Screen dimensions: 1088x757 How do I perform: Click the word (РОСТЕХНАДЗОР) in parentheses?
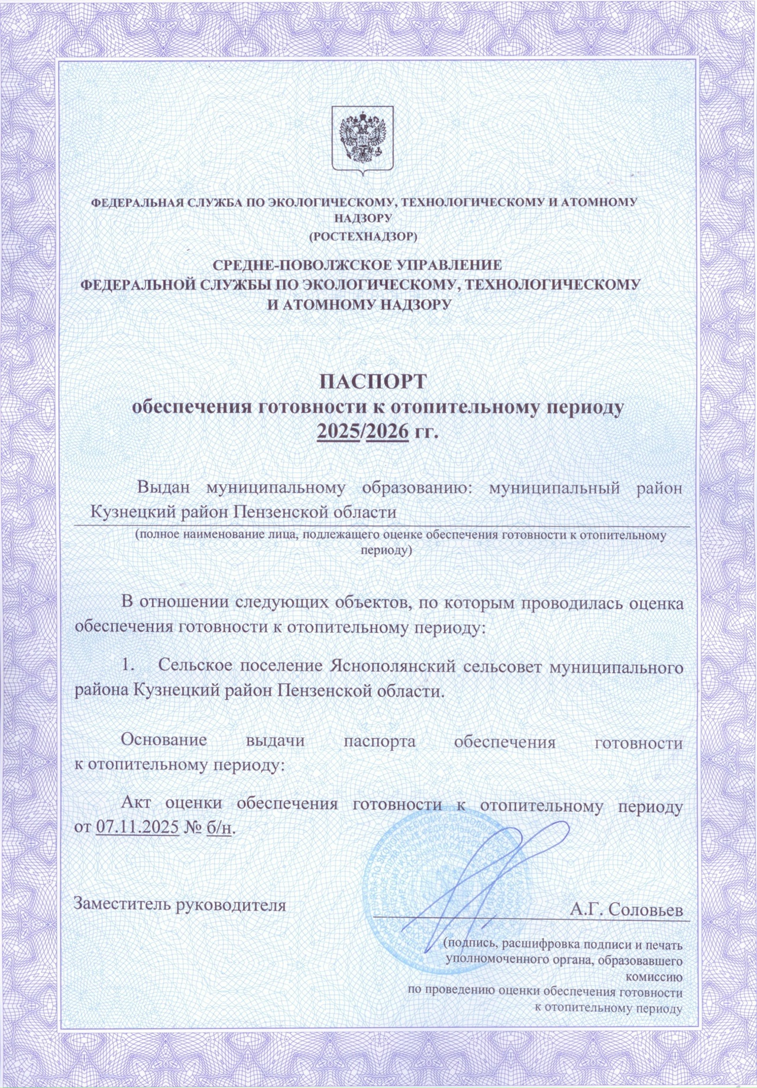point(364,237)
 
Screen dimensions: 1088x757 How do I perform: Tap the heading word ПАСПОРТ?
point(373,381)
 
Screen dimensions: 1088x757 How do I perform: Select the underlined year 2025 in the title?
point(338,432)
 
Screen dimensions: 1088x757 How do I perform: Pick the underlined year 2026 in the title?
point(387,432)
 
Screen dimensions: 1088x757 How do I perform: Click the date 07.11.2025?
point(137,826)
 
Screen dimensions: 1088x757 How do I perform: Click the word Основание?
point(164,740)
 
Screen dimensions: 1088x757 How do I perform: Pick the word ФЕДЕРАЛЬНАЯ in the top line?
point(138,202)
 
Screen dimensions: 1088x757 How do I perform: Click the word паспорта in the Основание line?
point(380,742)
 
